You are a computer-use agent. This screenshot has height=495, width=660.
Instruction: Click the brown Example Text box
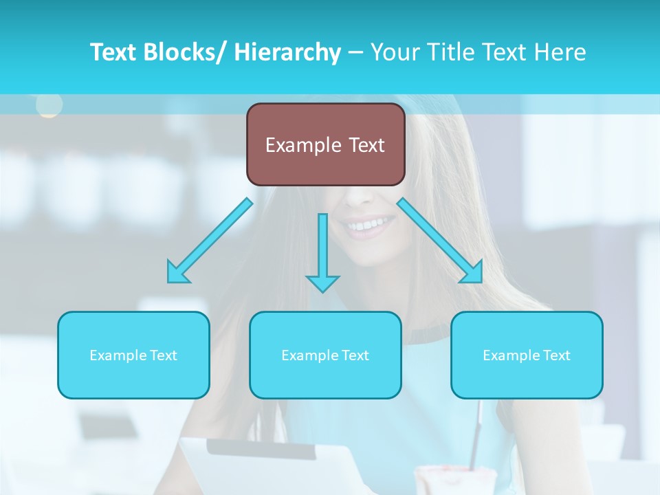(325, 144)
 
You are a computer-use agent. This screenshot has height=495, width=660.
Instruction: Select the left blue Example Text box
(133, 355)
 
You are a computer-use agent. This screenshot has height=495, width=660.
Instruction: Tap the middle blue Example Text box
(325, 355)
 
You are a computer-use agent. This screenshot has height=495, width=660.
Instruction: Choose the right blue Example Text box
(527, 355)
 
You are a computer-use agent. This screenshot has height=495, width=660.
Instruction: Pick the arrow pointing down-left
(210, 241)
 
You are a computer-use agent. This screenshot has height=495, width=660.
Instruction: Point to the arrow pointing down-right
(440, 241)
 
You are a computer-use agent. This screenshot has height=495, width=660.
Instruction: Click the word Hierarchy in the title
(287, 52)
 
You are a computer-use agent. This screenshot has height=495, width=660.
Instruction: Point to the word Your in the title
(395, 52)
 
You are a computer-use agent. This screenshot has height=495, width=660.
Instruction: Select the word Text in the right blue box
(556, 355)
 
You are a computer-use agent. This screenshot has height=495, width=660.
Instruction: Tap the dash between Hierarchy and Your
(355, 53)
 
